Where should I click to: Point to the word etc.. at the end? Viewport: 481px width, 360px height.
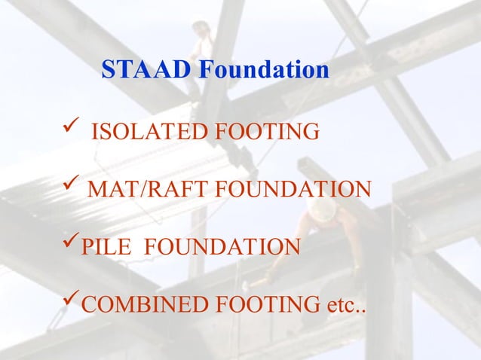344,306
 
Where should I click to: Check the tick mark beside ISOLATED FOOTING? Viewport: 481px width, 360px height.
66,132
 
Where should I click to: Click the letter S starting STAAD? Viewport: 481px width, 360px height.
108,70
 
